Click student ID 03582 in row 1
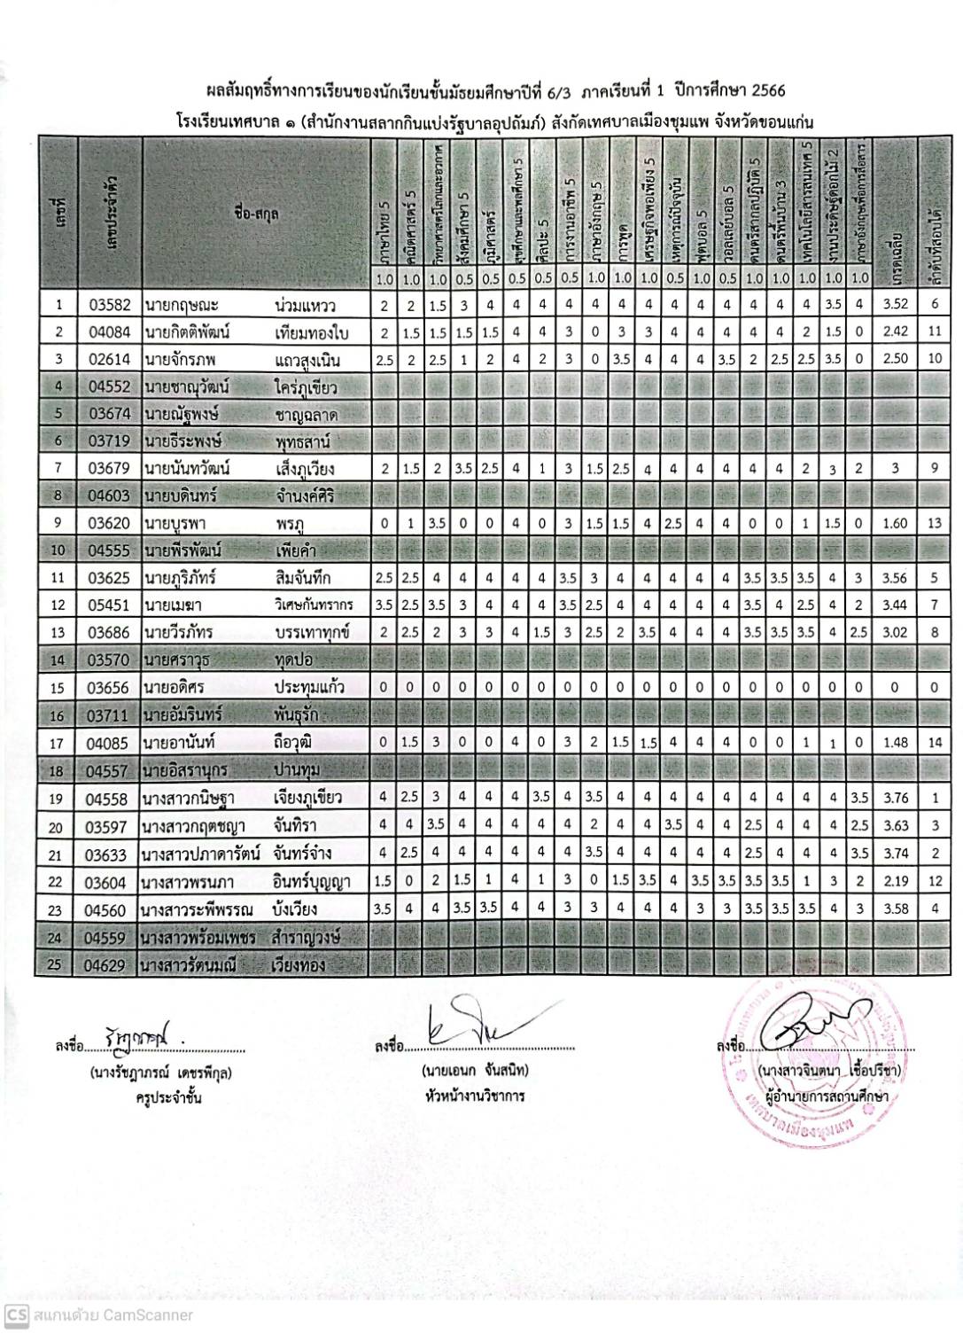click(x=110, y=306)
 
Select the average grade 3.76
click(x=895, y=799)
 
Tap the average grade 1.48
click(x=895, y=743)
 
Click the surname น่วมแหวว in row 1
click(x=305, y=306)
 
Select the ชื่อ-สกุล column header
click(x=256, y=212)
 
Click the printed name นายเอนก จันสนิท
click(x=477, y=1071)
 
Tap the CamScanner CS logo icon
click(x=16, y=1314)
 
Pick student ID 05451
click(x=110, y=606)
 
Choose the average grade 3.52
click(x=895, y=306)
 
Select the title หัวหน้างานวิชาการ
click(x=475, y=1096)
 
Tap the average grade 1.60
click(x=895, y=524)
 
